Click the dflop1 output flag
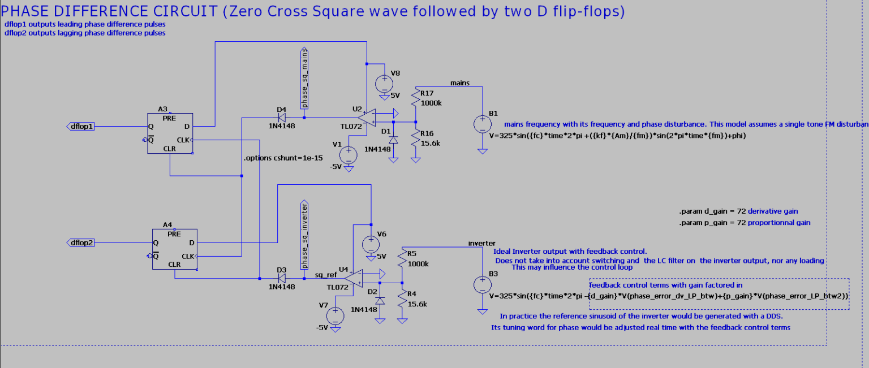[x=81, y=126]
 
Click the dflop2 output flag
[x=81, y=243]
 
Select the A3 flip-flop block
[x=170, y=133]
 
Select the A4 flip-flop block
[x=174, y=249]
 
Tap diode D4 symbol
[x=281, y=118]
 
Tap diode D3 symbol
[x=282, y=278]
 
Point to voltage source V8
[x=385, y=84]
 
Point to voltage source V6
[x=371, y=244]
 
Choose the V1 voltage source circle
[x=349, y=154]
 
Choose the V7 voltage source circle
[x=334, y=315]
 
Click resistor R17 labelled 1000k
[x=416, y=99]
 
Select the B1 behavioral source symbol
[x=482, y=124]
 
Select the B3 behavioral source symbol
[x=482, y=284]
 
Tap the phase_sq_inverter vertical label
[x=304, y=233]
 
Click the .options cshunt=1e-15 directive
[x=283, y=158]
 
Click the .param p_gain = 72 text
[x=745, y=223]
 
